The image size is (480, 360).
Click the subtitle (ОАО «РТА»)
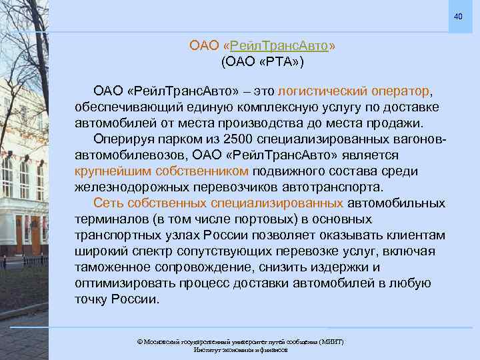point(262,63)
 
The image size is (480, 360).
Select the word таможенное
point(115,267)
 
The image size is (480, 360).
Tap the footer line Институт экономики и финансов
point(240,349)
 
